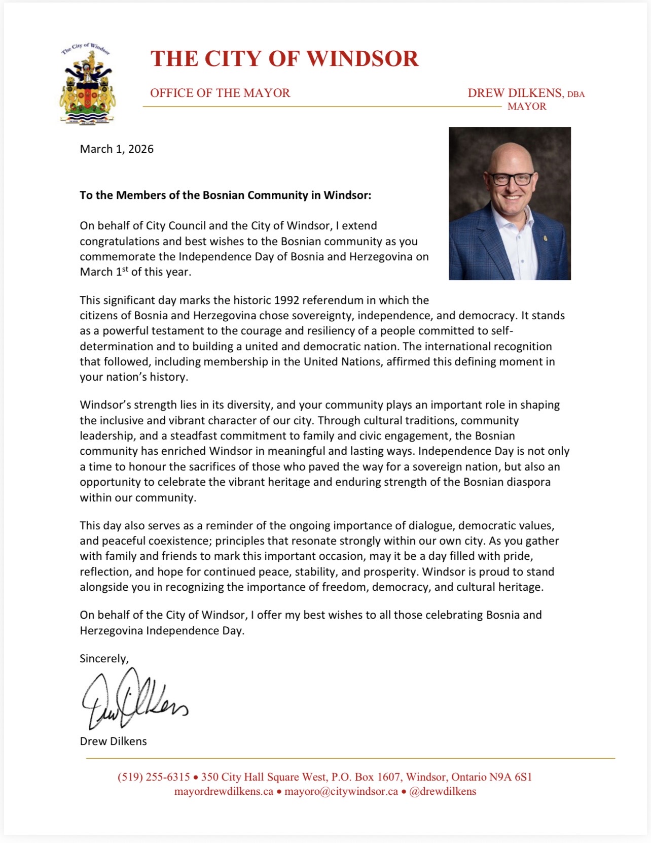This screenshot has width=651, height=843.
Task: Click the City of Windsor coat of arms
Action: click(87, 84)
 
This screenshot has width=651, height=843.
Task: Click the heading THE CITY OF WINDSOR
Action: click(284, 59)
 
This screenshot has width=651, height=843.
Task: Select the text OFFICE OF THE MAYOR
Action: click(220, 93)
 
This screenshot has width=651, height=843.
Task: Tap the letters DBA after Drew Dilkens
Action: click(576, 94)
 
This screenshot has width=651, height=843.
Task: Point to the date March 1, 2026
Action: click(117, 149)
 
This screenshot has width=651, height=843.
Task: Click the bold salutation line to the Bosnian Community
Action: click(225, 195)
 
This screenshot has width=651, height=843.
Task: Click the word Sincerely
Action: click(104, 659)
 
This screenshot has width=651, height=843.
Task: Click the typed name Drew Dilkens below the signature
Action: click(113, 741)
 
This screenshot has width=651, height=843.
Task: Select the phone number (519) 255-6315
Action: click(154, 777)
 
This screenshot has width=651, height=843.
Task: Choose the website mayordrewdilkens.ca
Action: click(224, 792)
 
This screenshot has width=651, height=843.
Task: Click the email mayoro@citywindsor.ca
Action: click(341, 792)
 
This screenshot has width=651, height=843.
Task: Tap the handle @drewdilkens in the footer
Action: click(443, 792)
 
